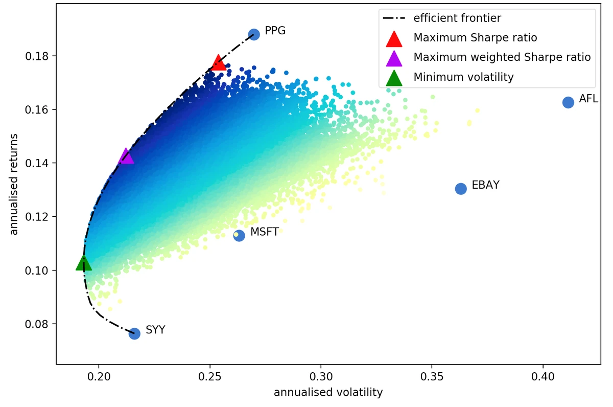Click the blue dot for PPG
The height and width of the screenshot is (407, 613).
[254, 34]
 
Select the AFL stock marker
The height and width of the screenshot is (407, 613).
[568, 102]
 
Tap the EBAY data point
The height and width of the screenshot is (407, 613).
[461, 189]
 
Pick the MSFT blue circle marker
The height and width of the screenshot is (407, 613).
[239, 235]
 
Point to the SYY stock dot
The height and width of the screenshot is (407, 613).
[134, 333]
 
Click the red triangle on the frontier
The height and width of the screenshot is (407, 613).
[219, 63]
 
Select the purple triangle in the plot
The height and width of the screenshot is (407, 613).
[126, 157]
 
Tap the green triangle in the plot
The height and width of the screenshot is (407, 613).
[83, 263]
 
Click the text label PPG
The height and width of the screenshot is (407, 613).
[275, 31]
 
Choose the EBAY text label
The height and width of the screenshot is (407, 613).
[485, 185]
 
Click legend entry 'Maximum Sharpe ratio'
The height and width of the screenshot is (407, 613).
[475, 38]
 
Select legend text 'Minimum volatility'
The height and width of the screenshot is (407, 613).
[463, 77]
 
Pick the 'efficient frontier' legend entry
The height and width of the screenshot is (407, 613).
[457, 18]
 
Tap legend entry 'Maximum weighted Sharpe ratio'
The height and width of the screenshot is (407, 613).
[502, 57]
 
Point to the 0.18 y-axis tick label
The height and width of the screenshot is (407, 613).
[37, 56]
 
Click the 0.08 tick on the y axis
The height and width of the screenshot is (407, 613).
[37, 324]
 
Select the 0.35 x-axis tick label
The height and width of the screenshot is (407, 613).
[432, 378]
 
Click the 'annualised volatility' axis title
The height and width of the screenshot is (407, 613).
[328, 393]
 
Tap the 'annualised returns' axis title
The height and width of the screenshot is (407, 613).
[14, 185]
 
